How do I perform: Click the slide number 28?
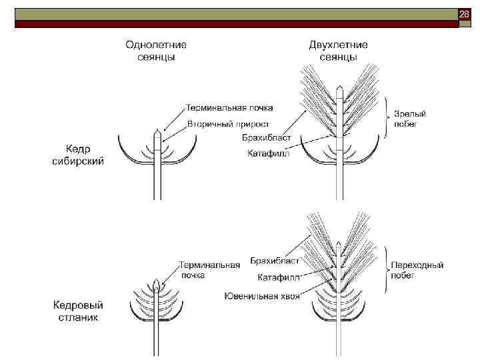465,14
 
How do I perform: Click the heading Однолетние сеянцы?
157,51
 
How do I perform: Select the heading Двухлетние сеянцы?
338,51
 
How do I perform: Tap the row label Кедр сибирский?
77,155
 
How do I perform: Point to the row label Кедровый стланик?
77,311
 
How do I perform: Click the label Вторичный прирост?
229,124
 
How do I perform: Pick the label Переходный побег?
417,269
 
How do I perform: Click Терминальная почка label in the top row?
229,107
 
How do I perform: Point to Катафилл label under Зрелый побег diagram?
268,155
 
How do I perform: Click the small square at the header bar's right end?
465,23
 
